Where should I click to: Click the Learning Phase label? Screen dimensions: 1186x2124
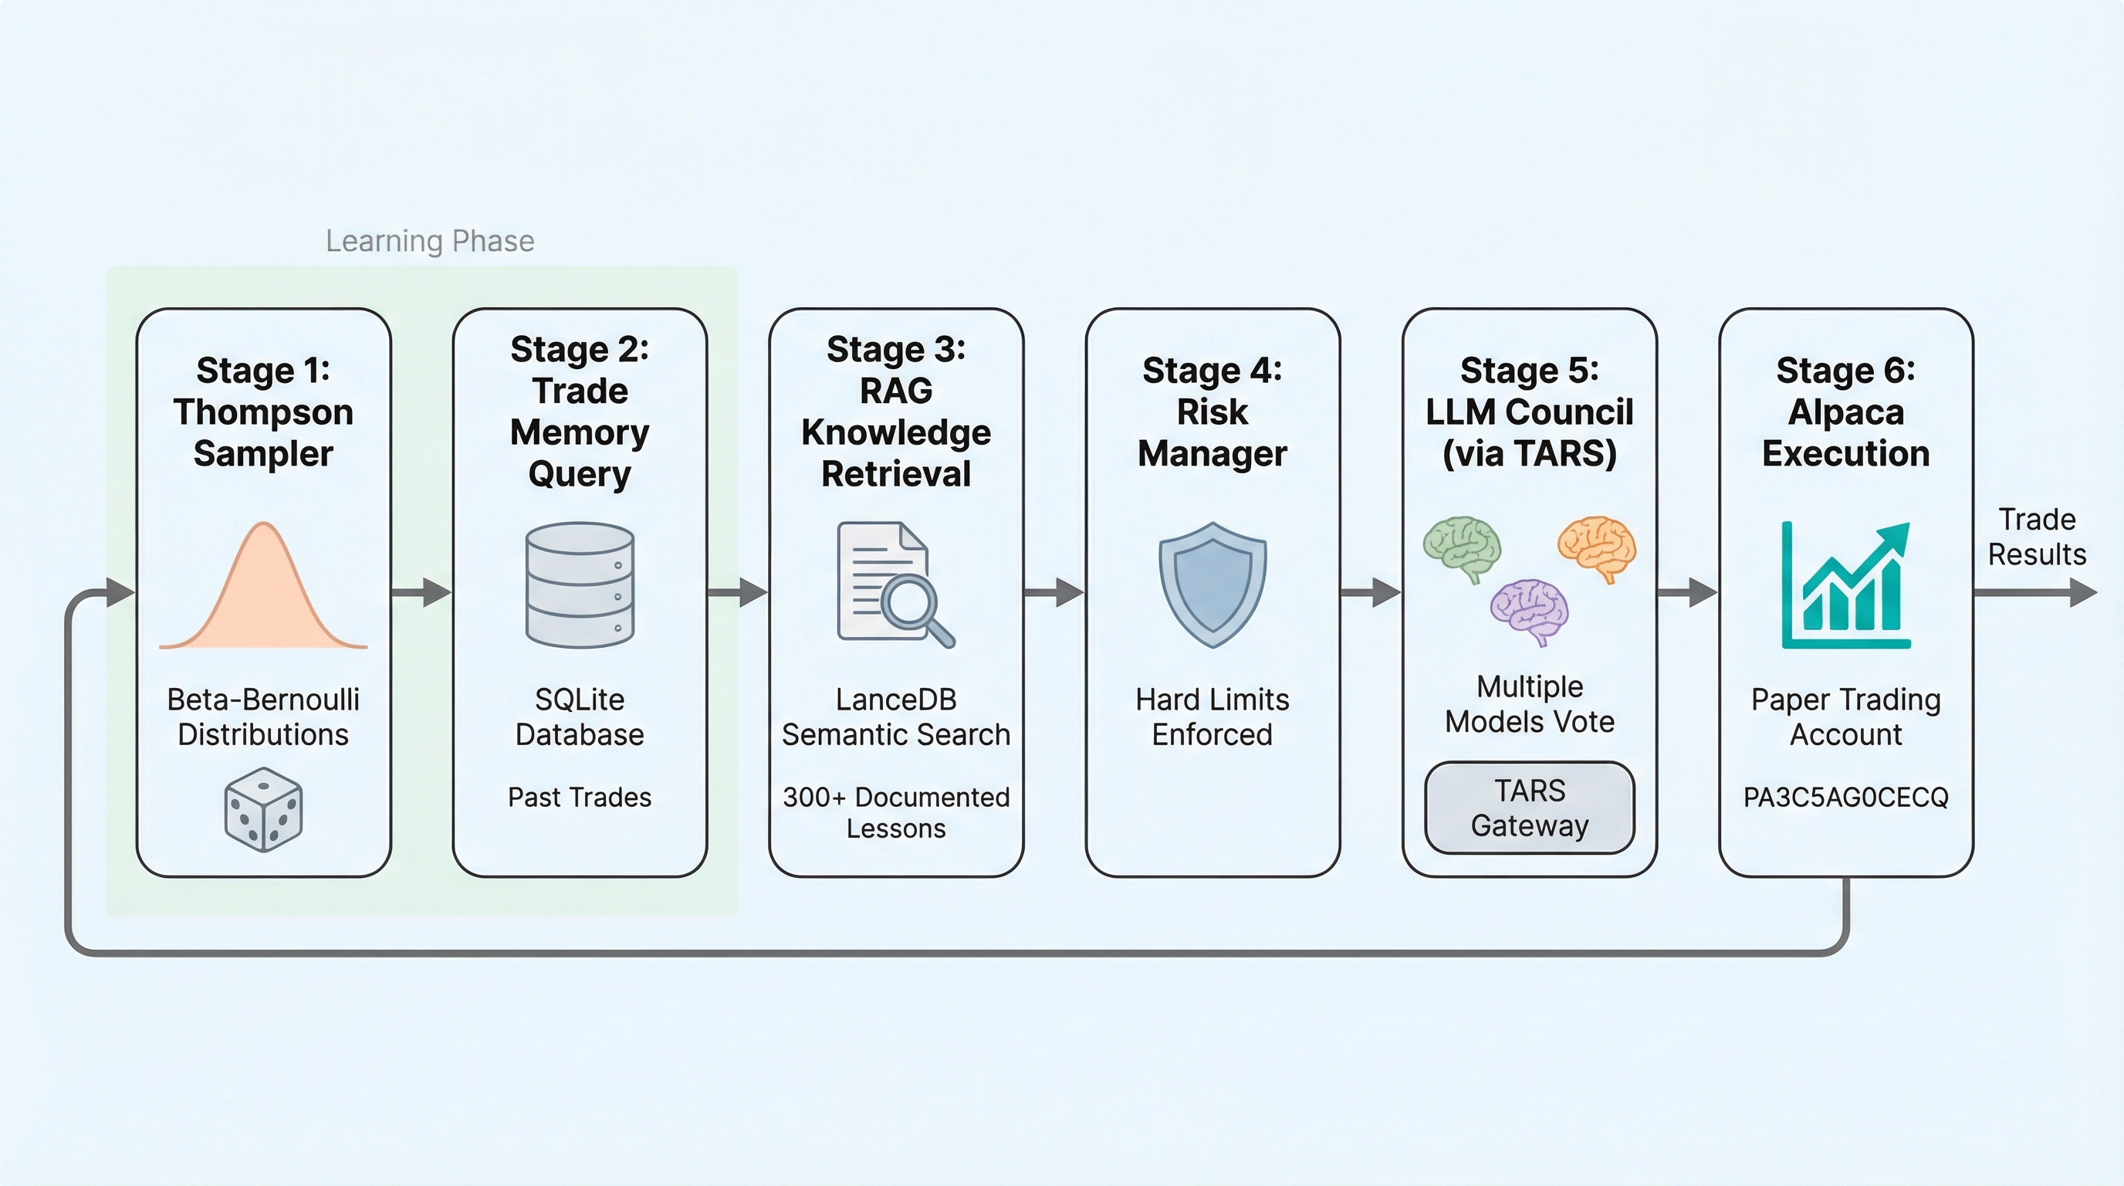[x=430, y=241]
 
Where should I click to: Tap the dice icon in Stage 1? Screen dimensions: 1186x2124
[x=263, y=810]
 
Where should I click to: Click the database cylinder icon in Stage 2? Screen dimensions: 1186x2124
[x=580, y=584]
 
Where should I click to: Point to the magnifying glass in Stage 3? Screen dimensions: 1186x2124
[x=915, y=606]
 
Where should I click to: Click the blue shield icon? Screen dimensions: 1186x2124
[x=1212, y=584]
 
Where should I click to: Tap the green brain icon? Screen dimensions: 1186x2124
[x=1462, y=547]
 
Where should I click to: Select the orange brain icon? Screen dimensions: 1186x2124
[x=1597, y=546]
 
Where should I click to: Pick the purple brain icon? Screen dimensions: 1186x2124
[x=1530, y=610]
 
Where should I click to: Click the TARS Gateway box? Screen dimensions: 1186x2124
[x=1530, y=808]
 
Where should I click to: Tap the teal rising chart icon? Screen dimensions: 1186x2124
[x=1845, y=585]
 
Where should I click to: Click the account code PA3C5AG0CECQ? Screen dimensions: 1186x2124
[x=1845, y=798]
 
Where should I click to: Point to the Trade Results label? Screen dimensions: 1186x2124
[x=2037, y=537]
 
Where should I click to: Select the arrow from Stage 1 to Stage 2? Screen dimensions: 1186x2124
[x=421, y=592]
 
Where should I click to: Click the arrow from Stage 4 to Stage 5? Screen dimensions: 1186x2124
[x=1371, y=592]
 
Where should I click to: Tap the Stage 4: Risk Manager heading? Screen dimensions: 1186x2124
[x=1212, y=412]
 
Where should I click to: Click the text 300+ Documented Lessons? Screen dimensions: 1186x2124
[x=896, y=812]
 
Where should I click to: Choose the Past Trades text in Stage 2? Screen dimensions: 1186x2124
[x=580, y=798]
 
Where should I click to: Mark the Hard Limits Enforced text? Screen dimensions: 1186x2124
[x=1212, y=717]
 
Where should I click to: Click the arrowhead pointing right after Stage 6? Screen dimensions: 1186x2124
[x=2083, y=592]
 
